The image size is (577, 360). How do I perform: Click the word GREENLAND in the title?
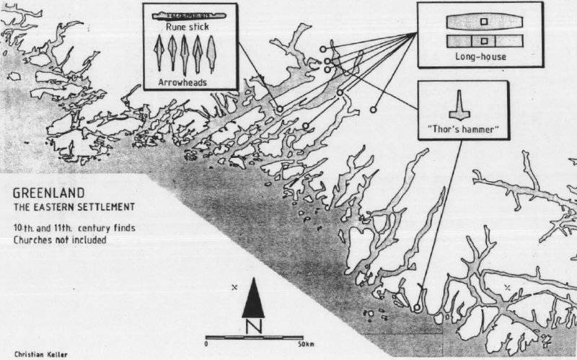[x=44, y=194]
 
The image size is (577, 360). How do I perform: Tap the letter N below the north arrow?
[x=252, y=326]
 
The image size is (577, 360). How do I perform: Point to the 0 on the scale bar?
[x=206, y=345]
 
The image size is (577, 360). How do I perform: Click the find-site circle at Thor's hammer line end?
[x=417, y=308]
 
